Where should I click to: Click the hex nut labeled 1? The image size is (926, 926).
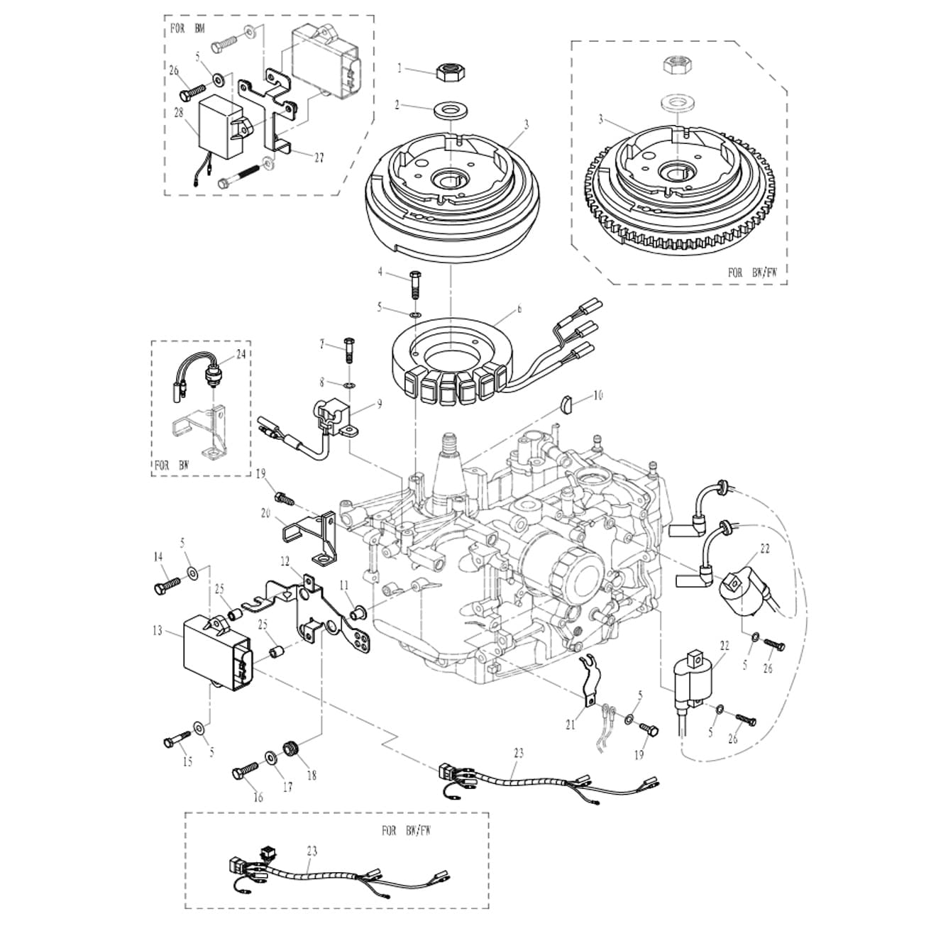pyautogui.click(x=449, y=73)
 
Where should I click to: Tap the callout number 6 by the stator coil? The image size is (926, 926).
pyautogui.click(x=519, y=309)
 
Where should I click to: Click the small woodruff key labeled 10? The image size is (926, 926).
pyautogui.click(x=568, y=405)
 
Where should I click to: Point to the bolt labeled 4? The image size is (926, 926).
pyautogui.click(x=414, y=285)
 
